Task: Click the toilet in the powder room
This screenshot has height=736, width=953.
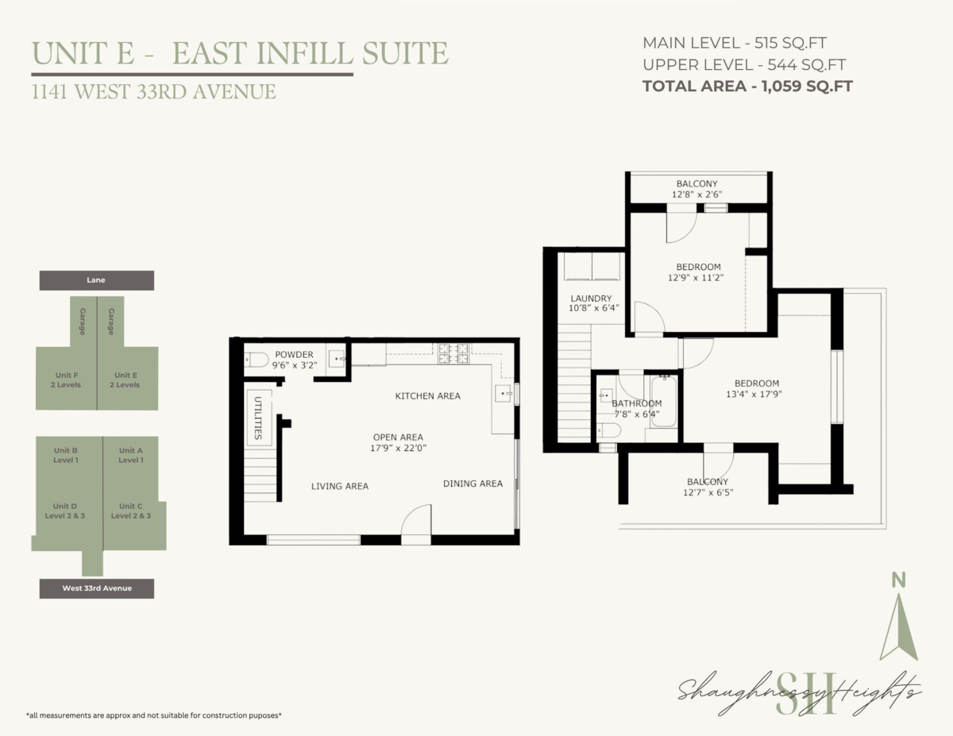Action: [x=257, y=360]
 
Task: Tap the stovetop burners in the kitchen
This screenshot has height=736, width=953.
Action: [x=453, y=354]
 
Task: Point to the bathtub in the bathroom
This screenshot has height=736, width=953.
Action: [x=664, y=401]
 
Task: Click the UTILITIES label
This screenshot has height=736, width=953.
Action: [x=258, y=418]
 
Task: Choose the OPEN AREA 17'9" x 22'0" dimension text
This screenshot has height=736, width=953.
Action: [x=398, y=443]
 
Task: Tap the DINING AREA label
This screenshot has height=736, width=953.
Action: [x=473, y=484]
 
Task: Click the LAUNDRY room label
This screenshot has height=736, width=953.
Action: [x=591, y=299]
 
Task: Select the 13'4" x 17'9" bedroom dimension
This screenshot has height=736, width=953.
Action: [x=754, y=394]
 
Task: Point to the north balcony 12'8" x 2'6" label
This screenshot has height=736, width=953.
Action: [x=696, y=189]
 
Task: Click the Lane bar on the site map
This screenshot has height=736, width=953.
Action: [x=96, y=280]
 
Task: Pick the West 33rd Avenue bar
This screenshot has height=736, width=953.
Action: [x=96, y=588]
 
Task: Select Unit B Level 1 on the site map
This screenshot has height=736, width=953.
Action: [x=66, y=455]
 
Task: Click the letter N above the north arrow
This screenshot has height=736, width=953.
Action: [x=899, y=580]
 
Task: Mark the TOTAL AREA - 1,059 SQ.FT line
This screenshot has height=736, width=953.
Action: [x=747, y=86]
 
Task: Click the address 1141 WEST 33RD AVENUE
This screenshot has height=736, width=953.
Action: [x=153, y=91]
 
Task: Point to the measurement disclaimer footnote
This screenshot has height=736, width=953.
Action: [x=153, y=715]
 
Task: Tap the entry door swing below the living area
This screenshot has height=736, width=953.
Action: [x=416, y=519]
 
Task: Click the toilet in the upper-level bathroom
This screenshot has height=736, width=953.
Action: [x=608, y=430]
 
